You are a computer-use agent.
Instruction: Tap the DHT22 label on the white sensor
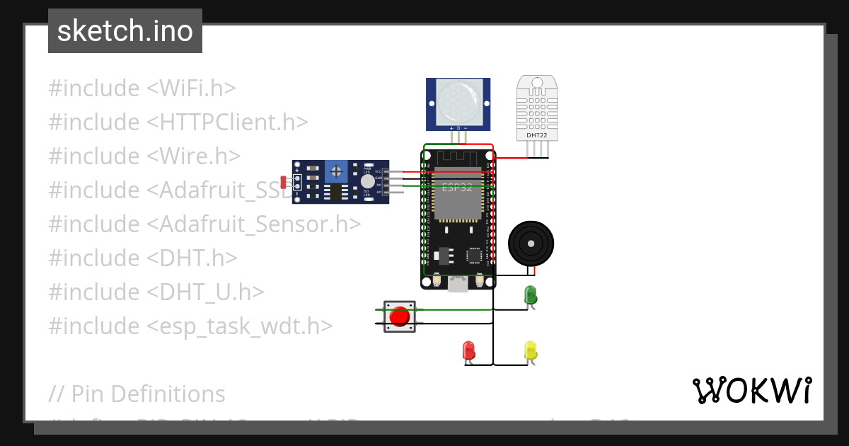click(536, 135)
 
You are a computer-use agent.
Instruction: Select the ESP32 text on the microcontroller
click(457, 188)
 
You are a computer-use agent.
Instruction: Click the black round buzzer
click(531, 243)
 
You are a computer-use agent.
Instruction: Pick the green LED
click(530, 295)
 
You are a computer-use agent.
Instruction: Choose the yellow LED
click(531, 350)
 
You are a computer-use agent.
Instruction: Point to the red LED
click(468, 350)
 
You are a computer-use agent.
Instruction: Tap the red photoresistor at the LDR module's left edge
click(284, 183)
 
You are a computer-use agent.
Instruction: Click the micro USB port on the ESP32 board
click(458, 285)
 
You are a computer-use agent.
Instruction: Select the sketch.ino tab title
click(125, 31)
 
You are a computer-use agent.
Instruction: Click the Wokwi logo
click(751, 391)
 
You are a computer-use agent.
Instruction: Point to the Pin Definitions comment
click(137, 394)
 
